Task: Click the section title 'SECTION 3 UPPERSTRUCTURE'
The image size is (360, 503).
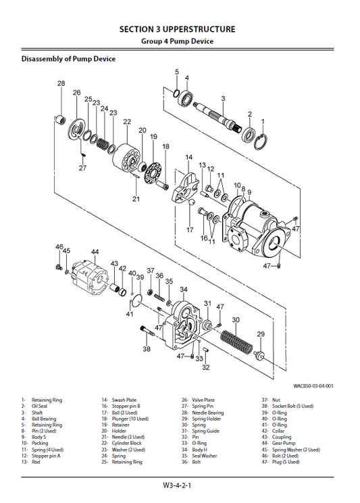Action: [x=177, y=29]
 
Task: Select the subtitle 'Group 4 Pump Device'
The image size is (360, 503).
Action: [x=177, y=41]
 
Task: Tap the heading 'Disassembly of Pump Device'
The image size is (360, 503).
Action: [x=68, y=59]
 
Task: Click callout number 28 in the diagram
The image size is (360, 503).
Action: [x=61, y=84]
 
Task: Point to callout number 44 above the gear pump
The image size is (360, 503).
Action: [x=95, y=251]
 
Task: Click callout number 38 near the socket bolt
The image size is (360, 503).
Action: [x=147, y=349]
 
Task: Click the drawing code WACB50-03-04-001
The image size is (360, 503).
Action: [x=313, y=386]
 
